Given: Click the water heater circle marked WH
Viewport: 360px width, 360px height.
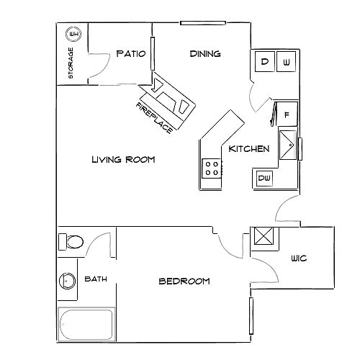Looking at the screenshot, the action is click(x=73, y=35).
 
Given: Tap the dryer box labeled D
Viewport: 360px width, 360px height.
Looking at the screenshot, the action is click(x=265, y=61).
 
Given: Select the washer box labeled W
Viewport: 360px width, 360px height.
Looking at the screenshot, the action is click(x=286, y=61).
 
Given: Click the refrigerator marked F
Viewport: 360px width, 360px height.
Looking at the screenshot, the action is click(x=287, y=114).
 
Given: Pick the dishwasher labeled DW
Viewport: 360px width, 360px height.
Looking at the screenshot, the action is click(x=264, y=179).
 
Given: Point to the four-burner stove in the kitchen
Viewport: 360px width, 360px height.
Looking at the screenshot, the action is click(x=212, y=168).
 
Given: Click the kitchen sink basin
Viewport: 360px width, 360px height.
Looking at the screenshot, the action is click(x=288, y=145).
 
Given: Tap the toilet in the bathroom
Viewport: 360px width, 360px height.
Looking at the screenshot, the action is click(x=71, y=242).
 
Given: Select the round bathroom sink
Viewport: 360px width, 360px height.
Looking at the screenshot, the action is click(x=67, y=281).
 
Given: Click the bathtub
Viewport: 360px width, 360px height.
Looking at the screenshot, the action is click(x=86, y=324).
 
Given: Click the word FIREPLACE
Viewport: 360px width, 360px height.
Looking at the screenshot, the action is click(x=154, y=118).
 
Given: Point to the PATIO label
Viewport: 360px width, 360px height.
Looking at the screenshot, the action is click(x=131, y=53).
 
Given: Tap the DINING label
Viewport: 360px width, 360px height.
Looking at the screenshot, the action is click(x=205, y=53).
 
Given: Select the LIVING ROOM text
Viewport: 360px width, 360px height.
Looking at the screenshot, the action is click(x=123, y=159).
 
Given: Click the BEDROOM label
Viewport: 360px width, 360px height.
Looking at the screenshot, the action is click(x=184, y=281).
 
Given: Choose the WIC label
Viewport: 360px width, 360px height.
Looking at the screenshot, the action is click(x=299, y=258).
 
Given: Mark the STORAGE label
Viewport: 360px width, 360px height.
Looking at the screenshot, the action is click(x=71, y=63).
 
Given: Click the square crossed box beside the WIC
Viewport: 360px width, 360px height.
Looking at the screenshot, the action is click(x=264, y=236).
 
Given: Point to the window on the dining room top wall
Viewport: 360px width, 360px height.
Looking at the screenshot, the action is click(x=203, y=23).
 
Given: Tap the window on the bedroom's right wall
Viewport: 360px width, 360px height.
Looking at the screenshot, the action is click(x=251, y=316).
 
